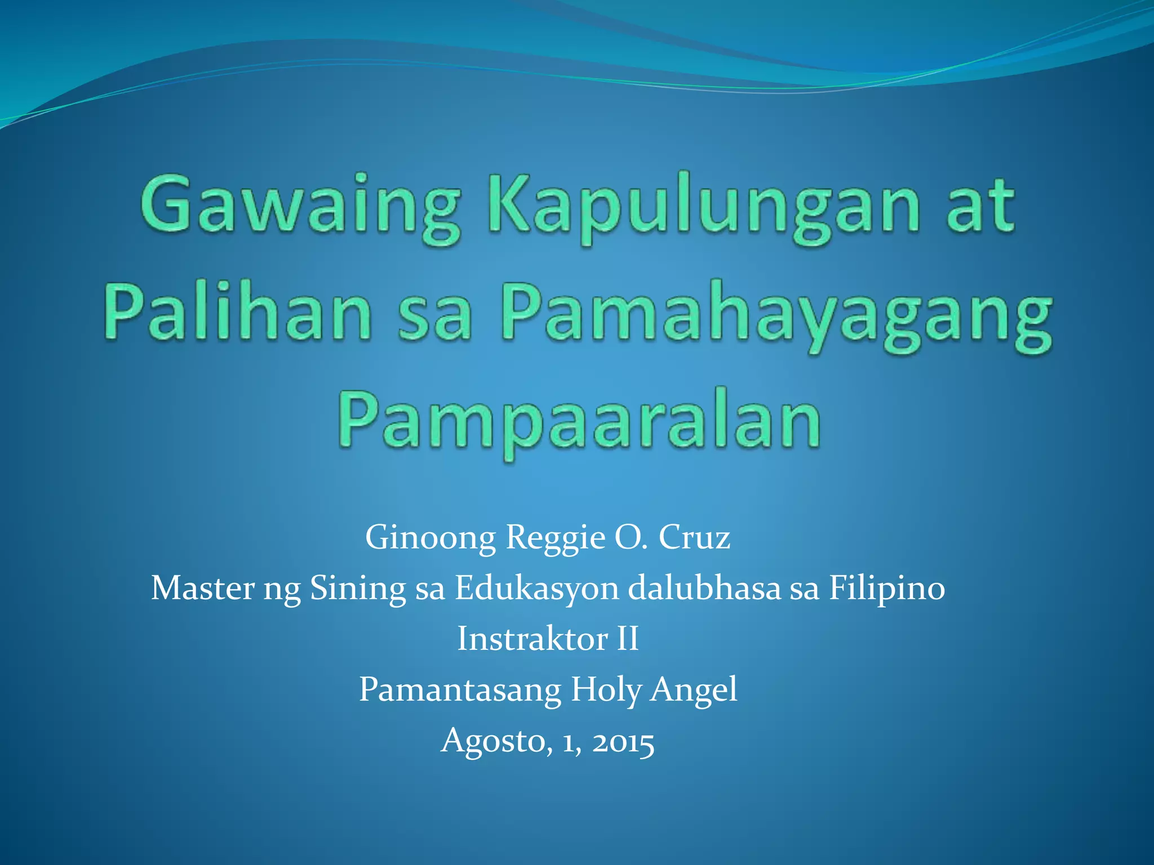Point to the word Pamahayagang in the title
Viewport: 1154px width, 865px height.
[778, 315]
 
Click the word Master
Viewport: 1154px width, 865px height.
[203, 588]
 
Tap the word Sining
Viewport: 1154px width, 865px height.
[358, 589]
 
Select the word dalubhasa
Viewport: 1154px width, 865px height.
[704, 588]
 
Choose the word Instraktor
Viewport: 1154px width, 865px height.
[532, 639]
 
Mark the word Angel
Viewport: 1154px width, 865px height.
[694, 690]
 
